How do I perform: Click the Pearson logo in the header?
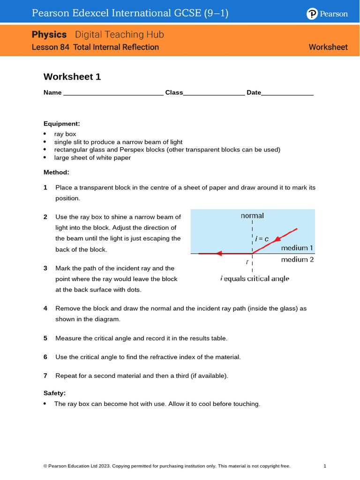[327, 14]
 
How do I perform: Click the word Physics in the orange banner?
[49, 35]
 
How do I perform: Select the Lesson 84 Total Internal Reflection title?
[95, 47]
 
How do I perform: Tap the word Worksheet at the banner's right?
[328, 47]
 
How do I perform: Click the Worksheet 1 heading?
[72, 77]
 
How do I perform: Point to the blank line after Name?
[113, 94]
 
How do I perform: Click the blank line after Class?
[214, 94]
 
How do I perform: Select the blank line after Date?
[287, 94]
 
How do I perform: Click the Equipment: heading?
[62, 124]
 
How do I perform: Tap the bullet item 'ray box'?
[65, 134]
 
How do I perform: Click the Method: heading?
[56, 172]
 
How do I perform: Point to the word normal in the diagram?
[252, 216]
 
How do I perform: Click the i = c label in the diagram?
[261, 239]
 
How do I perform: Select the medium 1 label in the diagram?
[297, 247]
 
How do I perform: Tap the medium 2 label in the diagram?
[297, 259]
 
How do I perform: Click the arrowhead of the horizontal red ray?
[218, 254]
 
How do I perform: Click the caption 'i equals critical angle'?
[255, 278]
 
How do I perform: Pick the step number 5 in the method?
[45, 338]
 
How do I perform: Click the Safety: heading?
[54, 393]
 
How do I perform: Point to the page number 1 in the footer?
[325, 466]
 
